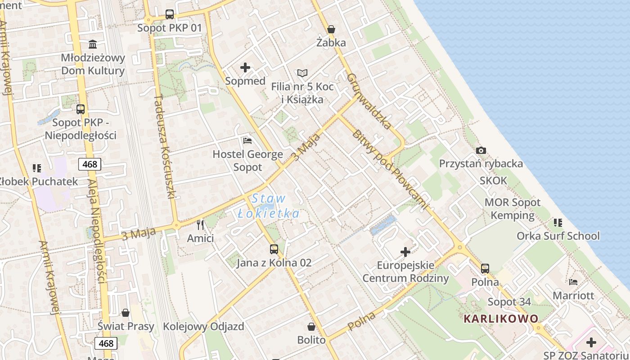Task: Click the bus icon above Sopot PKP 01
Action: pyautogui.click(x=169, y=14)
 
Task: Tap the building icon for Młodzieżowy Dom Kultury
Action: pyautogui.click(x=93, y=44)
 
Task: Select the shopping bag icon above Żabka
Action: pyautogui.click(x=331, y=29)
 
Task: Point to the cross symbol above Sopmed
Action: pyautogui.click(x=245, y=67)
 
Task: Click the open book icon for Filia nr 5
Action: pyautogui.click(x=302, y=73)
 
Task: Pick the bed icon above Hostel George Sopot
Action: pyautogui.click(x=247, y=141)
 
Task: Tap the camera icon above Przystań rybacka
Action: pyautogui.click(x=481, y=150)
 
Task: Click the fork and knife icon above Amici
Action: pyautogui.click(x=200, y=225)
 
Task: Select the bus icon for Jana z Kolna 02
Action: pyautogui.click(x=274, y=249)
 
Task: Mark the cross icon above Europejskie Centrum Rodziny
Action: pyautogui.click(x=405, y=252)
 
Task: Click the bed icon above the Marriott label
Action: pyautogui.click(x=573, y=282)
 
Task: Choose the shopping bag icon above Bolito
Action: pyautogui.click(x=311, y=326)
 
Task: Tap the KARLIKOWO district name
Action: pyautogui.click(x=501, y=319)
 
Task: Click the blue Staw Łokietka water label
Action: pyautogui.click(x=269, y=206)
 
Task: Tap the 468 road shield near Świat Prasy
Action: pyautogui.click(x=106, y=343)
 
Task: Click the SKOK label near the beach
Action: pyautogui.click(x=493, y=181)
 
